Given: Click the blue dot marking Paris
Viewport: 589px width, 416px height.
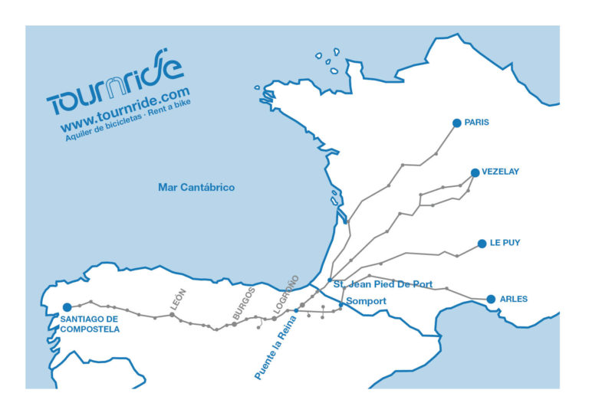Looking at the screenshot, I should (x=456, y=123).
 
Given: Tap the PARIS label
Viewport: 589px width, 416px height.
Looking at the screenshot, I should (x=476, y=123).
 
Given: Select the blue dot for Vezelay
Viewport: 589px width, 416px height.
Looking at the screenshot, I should (x=475, y=172).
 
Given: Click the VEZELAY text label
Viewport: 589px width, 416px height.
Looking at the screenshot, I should (x=500, y=172).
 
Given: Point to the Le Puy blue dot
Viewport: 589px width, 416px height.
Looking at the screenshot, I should (x=482, y=244).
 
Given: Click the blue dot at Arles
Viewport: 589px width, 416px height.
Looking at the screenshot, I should (x=491, y=299).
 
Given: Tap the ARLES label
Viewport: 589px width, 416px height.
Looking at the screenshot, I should (x=513, y=299).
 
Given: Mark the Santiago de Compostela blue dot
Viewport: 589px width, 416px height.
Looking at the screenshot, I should (x=67, y=307).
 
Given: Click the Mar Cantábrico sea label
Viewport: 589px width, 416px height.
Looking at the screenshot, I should (x=196, y=187).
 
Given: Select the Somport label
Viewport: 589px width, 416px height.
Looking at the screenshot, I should (x=366, y=301).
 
